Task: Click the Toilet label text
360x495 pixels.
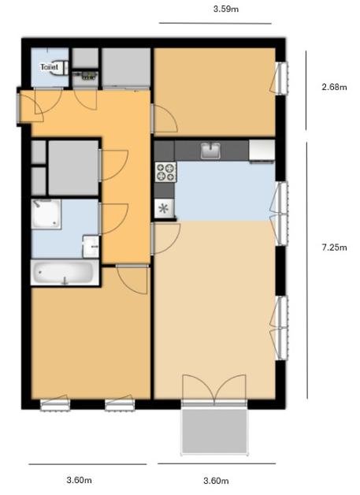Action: [x=49, y=67]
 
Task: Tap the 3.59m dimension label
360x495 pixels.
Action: [x=226, y=9]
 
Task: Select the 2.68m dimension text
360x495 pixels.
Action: [x=334, y=87]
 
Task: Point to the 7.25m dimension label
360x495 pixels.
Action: [x=334, y=247]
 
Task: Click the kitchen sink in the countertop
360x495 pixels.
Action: [x=210, y=151]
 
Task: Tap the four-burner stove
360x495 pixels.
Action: [x=165, y=172]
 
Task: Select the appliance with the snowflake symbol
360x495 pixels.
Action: [x=164, y=208]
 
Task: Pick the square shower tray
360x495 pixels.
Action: [x=46, y=214]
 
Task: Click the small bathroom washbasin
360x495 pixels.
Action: [x=91, y=246]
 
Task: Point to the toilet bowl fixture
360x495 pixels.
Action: [x=60, y=67]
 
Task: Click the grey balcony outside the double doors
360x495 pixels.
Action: [x=214, y=431]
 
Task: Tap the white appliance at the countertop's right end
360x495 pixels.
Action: [x=262, y=151]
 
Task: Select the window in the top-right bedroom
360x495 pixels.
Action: [x=280, y=78]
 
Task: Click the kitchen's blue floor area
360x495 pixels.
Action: [x=225, y=192]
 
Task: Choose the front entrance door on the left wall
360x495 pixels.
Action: [x=30, y=106]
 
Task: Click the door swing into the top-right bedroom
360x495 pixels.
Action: [x=164, y=118]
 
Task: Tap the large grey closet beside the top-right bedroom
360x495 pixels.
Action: [x=126, y=67]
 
